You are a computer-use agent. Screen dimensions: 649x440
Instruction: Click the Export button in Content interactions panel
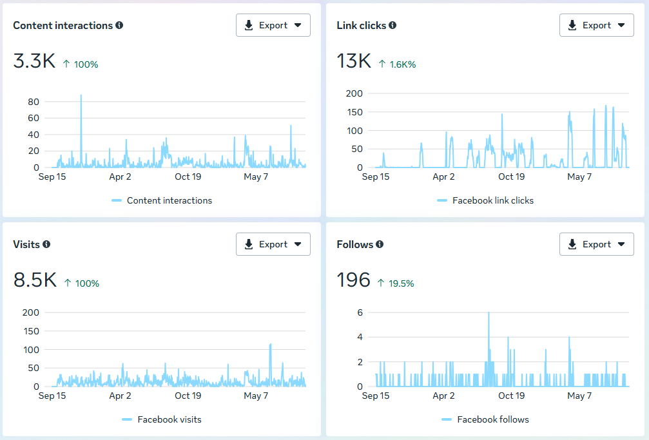click(x=273, y=25)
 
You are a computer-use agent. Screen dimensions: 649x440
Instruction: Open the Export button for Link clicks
click(x=596, y=25)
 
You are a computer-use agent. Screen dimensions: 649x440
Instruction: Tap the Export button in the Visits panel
click(x=273, y=244)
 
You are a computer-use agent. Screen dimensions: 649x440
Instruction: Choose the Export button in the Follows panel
click(x=596, y=244)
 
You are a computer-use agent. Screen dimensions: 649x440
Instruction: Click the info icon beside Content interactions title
click(x=119, y=25)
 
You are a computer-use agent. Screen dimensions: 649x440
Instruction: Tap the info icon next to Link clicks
click(x=392, y=25)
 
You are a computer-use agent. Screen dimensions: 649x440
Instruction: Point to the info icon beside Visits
click(x=46, y=244)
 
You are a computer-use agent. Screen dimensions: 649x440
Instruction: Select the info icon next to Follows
click(x=380, y=244)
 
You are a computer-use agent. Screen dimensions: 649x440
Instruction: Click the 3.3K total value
click(x=34, y=61)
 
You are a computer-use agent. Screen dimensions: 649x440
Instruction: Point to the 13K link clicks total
click(x=354, y=61)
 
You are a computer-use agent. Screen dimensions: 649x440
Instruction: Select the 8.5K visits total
click(x=35, y=280)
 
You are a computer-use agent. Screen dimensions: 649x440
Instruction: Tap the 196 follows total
click(x=353, y=280)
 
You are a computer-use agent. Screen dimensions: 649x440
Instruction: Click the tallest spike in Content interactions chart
click(x=81, y=95)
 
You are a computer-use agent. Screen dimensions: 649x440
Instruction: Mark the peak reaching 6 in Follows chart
click(x=489, y=313)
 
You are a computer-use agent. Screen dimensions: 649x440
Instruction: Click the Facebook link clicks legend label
click(x=493, y=200)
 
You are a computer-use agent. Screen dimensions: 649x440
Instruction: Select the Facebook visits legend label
click(x=170, y=419)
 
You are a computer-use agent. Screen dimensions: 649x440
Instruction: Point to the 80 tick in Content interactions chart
click(x=34, y=102)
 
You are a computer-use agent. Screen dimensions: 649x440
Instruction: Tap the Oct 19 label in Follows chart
click(x=511, y=396)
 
